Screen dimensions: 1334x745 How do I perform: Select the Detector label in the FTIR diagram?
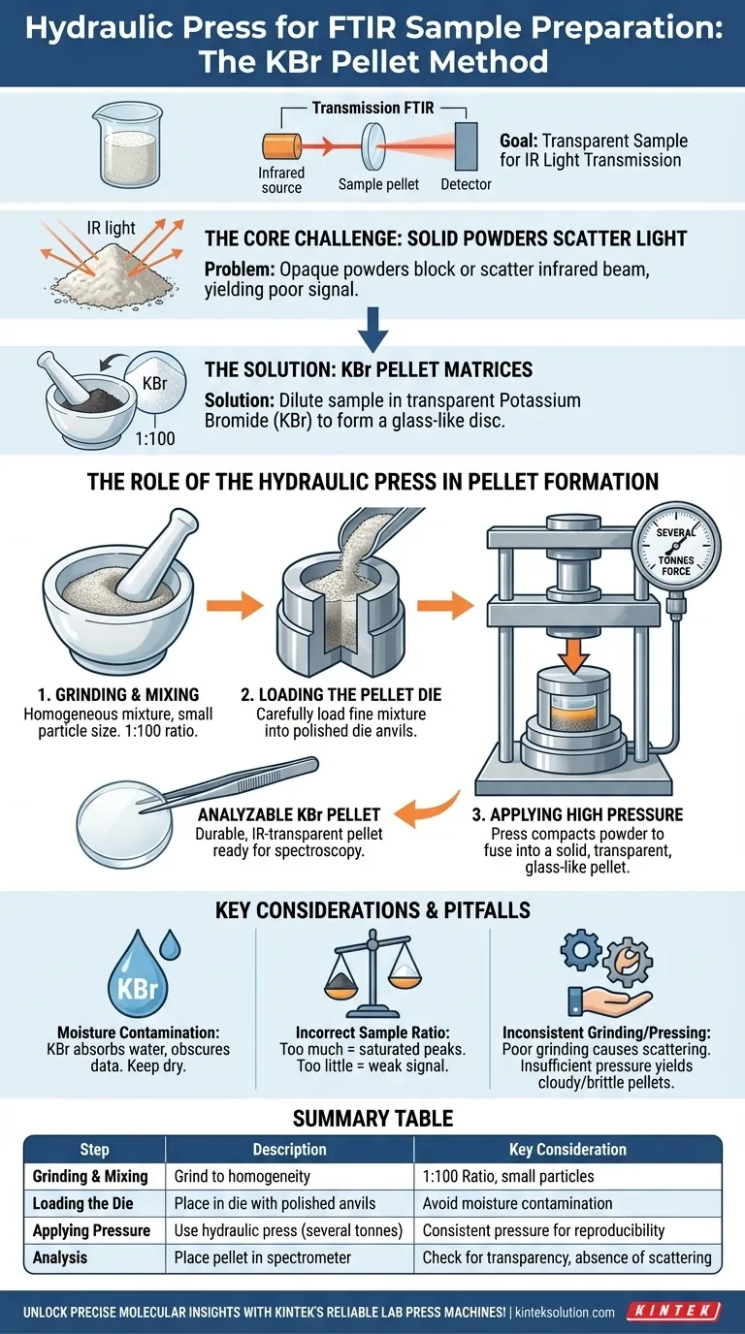466,184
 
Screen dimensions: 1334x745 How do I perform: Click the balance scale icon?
372,979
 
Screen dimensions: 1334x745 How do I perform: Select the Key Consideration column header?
567,1149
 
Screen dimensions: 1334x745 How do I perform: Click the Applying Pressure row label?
92,1230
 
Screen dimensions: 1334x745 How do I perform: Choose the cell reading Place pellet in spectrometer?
269,1257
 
